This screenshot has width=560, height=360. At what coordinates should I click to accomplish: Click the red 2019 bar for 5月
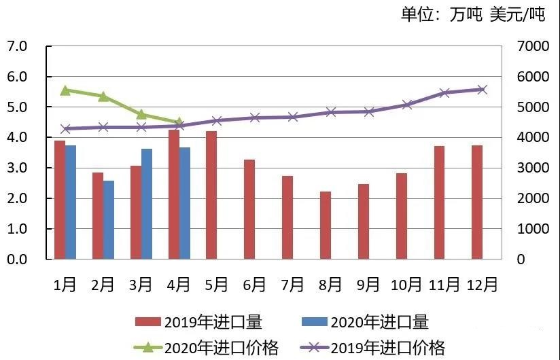pyautogui.click(x=211, y=195)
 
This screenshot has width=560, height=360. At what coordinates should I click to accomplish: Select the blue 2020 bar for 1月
pyautogui.click(x=70, y=202)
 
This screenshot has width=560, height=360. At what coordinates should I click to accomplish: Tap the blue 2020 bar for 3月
pyautogui.click(x=146, y=204)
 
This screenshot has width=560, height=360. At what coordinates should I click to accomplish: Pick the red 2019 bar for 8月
pyautogui.click(x=326, y=226)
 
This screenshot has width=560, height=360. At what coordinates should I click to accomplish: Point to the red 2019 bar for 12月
pyautogui.click(x=477, y=202)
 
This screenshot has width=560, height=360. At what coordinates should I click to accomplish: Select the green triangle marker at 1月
pyautogui.click(x=65, y=90)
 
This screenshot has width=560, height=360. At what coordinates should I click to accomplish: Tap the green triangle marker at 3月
pyautogui.click(x=141, y=114)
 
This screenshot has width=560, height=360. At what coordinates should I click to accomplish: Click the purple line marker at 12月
pyautogui.click(x=483, y=90)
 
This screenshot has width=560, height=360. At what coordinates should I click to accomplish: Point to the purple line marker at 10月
pyautogui.click(x=407, y=105)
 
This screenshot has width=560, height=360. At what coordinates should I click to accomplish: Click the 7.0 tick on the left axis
pyautogui.click(x=16, y=46)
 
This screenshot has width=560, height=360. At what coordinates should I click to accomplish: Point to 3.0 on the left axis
pyautogui.click(x=16, y=168)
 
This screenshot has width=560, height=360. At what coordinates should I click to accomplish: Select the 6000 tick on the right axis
pyautogui.click(x=527, y=77)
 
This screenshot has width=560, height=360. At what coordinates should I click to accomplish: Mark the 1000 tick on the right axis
pyautogui.click(x=527, y=229)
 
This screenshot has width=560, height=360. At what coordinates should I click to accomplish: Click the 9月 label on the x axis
pyautogui.click(x=368, y=285)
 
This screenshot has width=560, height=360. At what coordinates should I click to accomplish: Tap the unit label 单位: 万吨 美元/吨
pyautogui.click(x=473, y=15)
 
